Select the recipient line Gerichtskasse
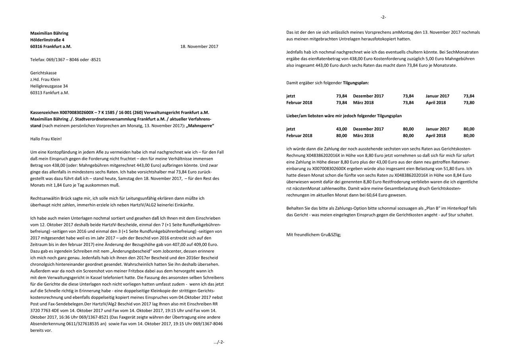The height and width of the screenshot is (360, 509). coord(43,73)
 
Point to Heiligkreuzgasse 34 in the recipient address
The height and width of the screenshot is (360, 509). coord(49,86)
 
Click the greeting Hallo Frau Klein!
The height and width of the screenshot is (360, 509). coord(46,139)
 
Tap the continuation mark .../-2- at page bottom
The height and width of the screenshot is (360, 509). coord(219,342)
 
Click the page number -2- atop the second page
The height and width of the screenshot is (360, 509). coord(383,17)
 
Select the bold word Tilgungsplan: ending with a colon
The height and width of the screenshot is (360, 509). coord(356,83)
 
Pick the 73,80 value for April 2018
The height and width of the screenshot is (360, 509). coord(469,103)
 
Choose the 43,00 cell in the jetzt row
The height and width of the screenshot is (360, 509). coord(341,129)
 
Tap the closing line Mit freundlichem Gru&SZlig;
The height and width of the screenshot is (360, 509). coord(313,234)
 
